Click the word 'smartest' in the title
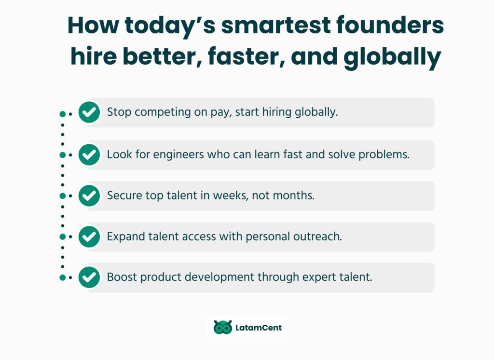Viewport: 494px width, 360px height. (275, 25)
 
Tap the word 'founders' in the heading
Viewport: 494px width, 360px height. (390, 25)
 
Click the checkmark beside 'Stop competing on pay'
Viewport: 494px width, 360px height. (89, 112)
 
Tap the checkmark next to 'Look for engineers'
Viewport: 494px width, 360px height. (89, 155)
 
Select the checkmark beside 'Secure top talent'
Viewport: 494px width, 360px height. (89, 196)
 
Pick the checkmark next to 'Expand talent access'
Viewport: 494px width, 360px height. (89, 237)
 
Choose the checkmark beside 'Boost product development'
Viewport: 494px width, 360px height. (89, 277)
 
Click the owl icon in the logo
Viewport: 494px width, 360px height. (223, 327)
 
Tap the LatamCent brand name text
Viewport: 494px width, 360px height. (259, 328)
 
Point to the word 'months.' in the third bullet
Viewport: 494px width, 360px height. (294, 196)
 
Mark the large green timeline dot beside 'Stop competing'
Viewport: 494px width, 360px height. (62, 114)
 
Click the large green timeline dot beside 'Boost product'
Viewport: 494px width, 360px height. (62, 278)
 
